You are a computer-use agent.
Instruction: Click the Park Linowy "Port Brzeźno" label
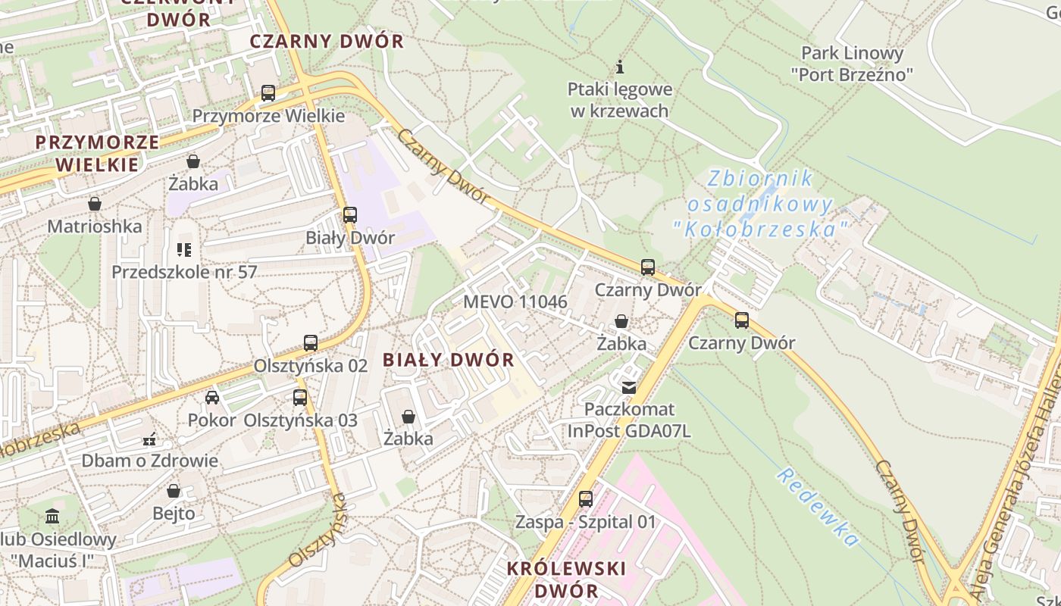(x=852, y=64)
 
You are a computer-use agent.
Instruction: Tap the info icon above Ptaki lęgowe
(x=620, y=66)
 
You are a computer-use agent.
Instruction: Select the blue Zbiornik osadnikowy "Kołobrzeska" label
(x=760, y=204)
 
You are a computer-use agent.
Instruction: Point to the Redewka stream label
(x=818, y=507)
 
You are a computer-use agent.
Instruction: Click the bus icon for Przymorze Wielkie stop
(x=268, y=93)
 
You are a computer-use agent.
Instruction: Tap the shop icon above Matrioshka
(x=95, y=204)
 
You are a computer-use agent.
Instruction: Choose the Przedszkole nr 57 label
(x=184, y=271)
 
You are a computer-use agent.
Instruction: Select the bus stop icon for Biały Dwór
(x=349, y=215)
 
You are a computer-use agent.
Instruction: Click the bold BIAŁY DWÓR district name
(x=449, y=360)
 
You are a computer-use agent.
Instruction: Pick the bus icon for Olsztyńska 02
(x=311, y=343)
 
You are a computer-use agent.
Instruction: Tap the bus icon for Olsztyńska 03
(x=300, y=398)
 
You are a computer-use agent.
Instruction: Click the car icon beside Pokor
(x=212, y=398)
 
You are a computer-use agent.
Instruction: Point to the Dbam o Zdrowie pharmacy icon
(x=149, y=439)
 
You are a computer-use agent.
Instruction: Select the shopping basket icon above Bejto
(x=174, y=491)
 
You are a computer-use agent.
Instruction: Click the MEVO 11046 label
(x=515, y=301)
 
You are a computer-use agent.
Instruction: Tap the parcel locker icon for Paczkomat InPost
(x=628, y=388)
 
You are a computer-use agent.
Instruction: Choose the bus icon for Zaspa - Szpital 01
(x=586, y=499)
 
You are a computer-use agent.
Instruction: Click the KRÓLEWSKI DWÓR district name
(x=566, y=579)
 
